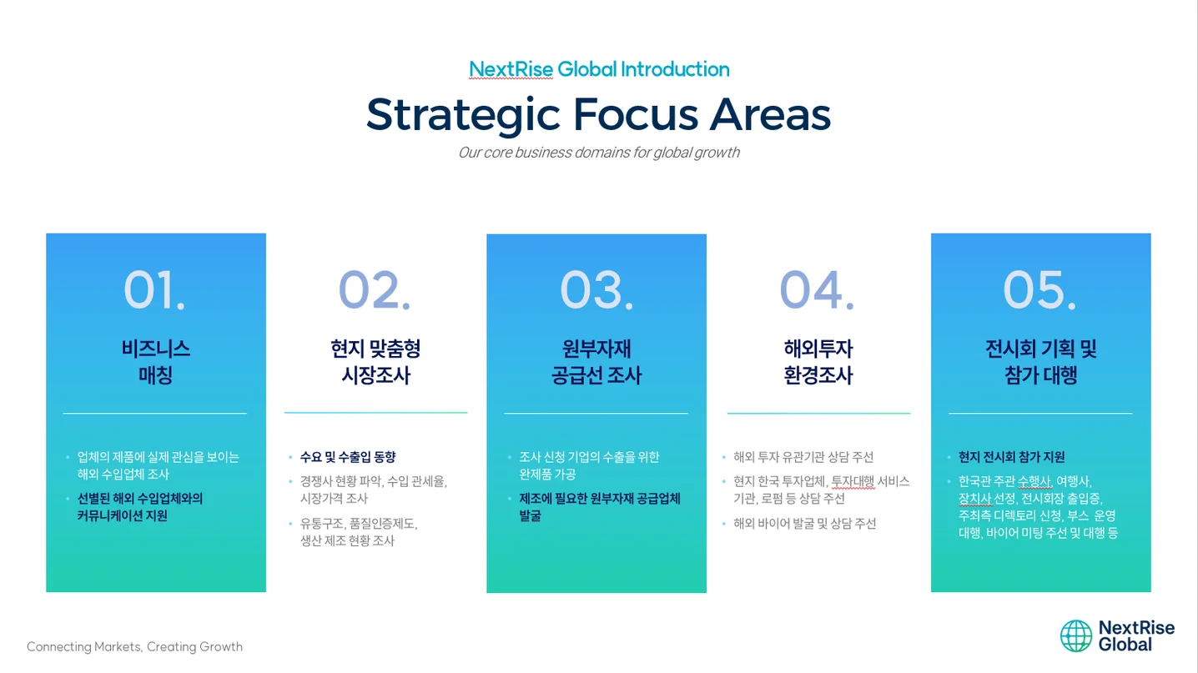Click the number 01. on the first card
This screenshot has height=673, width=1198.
[154, 290]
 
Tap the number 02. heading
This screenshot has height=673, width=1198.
[375, 290]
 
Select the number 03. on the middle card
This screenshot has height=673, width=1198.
[596, 290]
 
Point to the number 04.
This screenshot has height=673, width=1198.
[817, 290]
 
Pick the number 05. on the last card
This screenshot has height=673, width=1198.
[1039, 290]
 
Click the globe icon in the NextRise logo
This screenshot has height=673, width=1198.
[1075, 635]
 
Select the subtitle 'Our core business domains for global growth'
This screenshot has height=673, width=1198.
[598, 153]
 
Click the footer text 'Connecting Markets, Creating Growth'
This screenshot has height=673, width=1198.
[134, 646]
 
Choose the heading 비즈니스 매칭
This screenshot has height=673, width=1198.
[155, 361]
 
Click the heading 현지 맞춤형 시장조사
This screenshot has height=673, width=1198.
[375, 361]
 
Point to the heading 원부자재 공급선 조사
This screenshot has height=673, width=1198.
[596, 361]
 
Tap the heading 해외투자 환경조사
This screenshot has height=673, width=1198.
[818, 361]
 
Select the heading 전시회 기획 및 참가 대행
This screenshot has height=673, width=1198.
[1040, 361]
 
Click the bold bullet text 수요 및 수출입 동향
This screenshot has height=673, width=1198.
[348, 457]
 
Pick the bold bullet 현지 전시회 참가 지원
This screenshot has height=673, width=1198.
[1011, 457]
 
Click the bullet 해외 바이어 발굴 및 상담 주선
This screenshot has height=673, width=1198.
[804, 524]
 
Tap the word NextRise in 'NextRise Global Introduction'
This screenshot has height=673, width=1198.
[511, 69]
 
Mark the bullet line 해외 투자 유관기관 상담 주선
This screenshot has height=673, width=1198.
[803, 457]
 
